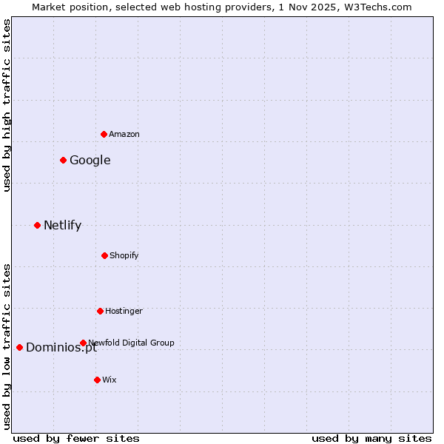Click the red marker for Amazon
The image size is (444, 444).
pyautogui.click(x=104, y=134)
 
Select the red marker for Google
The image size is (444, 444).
pyautogui.click(x=63, y=160)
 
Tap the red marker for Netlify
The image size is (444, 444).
pyautogui.click(x=37, y=225)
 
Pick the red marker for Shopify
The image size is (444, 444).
pyautogui.click(x=104, y=255)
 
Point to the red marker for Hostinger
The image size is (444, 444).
pyautogui.click(x=100, y=311)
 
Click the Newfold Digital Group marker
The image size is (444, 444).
pyautogui.click(x=83, y=343)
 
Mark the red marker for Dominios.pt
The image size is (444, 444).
pyautogui.click(x=19, y=347)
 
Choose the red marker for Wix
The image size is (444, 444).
pyautogui.click(x=97, y=380)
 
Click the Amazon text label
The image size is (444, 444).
pyautogui.click(x=124, y=134)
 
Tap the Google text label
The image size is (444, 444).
pyautogui.click(x=90, y=160)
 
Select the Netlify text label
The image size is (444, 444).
pyautogui.click(x=62, y=225)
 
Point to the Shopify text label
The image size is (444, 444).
pyautogui.click(x=124, y=255)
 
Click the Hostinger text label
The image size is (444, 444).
pyautogui.click(x=124, y=311)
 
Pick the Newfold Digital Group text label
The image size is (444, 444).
pyautogui.click(x=132, y=343)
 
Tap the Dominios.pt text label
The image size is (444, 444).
pyautogui.click(x=61, y=348)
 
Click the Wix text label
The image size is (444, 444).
pyautogui.click(x=110, y=380)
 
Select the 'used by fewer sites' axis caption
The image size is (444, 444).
pyautogui.click(x=76, y=438)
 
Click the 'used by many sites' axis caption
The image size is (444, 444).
pyautogui.click(x=371, y=438)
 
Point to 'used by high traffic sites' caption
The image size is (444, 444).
pyautogui.click(x=7, y=105)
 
